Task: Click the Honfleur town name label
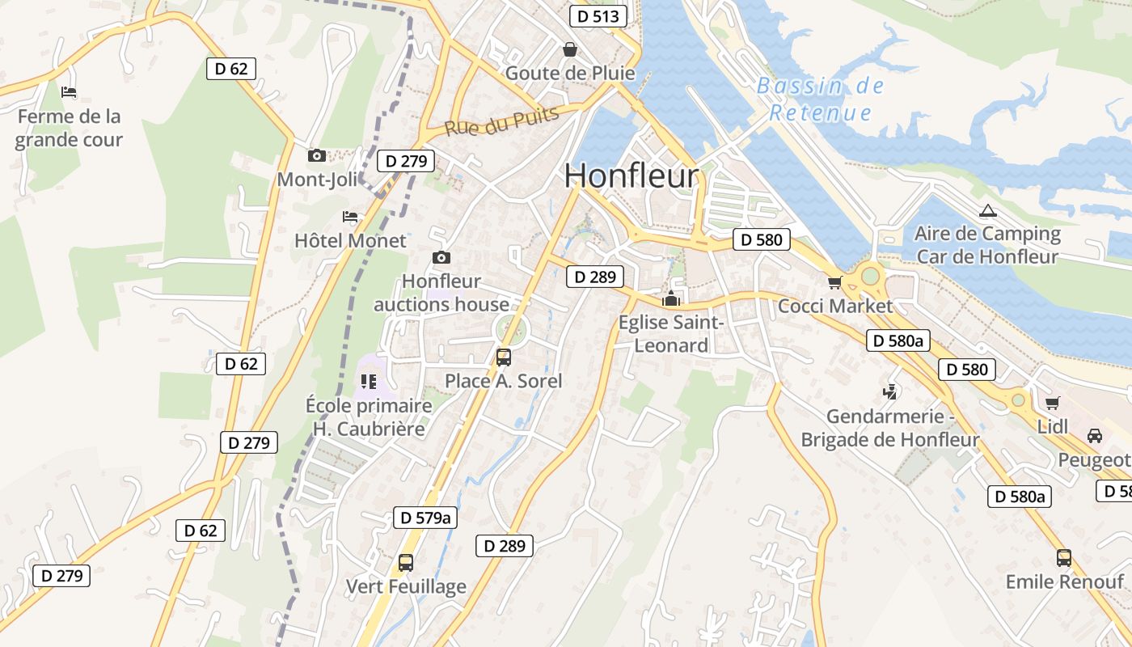631,175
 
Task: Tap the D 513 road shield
598,16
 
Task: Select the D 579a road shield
425,518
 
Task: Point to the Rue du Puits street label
501,122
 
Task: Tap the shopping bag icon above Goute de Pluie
570,49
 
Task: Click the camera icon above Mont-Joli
317,155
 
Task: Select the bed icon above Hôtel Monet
350,217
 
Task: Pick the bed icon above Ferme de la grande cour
69,92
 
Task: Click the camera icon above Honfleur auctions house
441,257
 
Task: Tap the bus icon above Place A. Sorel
503,357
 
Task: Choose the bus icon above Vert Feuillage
406,562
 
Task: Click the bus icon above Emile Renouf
1064,557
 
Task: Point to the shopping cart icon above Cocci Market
834,282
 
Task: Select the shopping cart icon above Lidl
1052,403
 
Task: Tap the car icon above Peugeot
1094,436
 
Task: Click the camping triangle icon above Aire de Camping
987,211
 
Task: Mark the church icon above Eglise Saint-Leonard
671,299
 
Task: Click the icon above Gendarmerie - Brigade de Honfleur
889,392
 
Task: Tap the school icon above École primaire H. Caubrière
369,381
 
